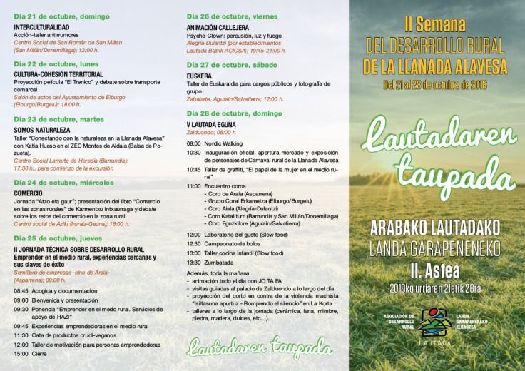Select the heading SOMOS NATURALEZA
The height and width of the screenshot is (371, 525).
click(42, 131)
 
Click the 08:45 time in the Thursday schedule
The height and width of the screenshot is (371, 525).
click(21, 290)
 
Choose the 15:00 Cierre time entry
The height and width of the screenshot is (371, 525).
click(21, 354)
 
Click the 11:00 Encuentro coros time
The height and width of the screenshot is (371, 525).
click(193, 186)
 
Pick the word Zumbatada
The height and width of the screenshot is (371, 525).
click(221, 263)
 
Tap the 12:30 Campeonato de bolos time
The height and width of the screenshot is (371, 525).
click(193, 243)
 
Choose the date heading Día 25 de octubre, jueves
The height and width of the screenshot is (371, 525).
click(54, 238)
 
